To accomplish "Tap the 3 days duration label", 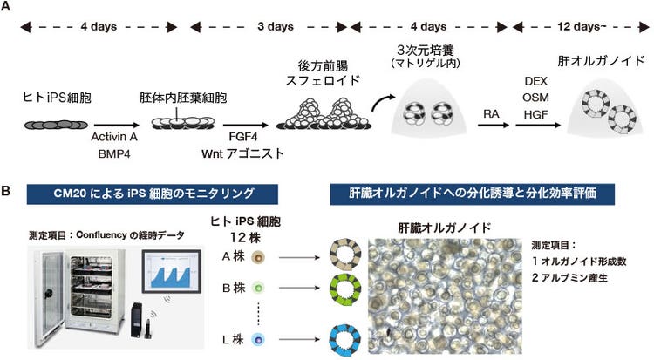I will click(x=275, y=27).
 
